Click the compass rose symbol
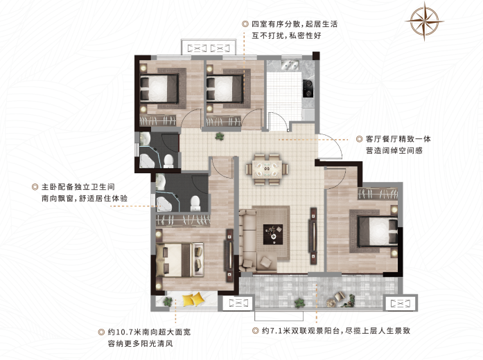coord(425,22)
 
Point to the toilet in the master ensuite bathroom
coord(196,202)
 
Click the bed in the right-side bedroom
coord(377,232)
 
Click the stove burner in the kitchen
coord(308,88)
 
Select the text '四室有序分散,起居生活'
coord(294,24)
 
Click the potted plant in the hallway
coord(219,136)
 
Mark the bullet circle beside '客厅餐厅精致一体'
coord(358,138)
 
